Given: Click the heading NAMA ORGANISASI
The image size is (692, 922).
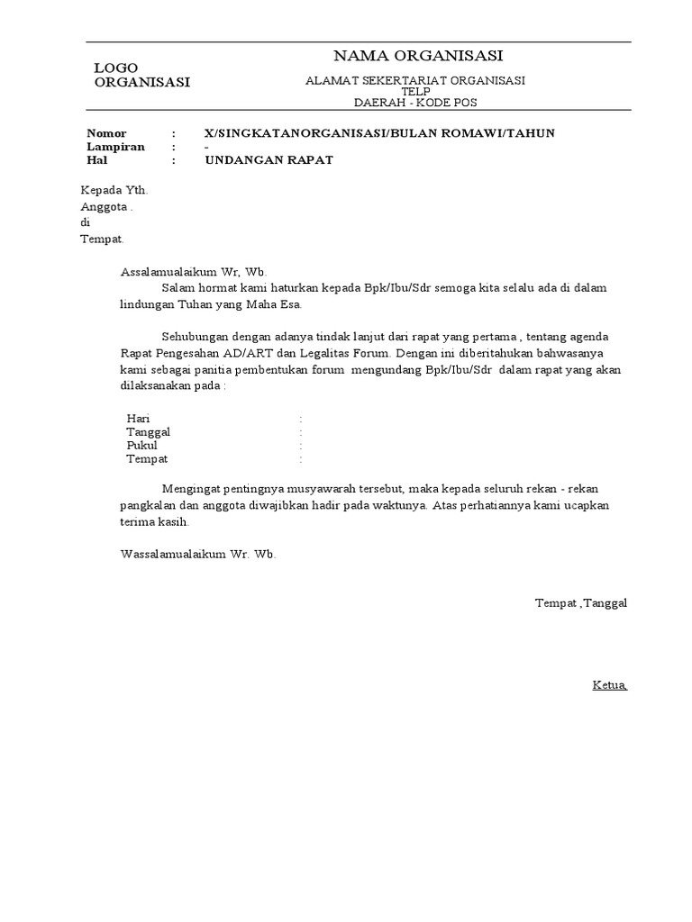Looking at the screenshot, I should point(418,56).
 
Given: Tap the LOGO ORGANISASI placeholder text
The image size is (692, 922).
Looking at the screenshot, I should point(141,76).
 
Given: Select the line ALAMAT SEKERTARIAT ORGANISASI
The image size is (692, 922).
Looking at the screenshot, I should point(415,80).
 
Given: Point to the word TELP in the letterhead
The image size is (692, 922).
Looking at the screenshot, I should point(416,91).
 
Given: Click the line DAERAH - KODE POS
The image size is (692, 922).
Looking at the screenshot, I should point(416,102).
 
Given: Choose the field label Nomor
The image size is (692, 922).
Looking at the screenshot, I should point(106,133).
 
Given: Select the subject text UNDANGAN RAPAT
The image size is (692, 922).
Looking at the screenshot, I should point(269,160).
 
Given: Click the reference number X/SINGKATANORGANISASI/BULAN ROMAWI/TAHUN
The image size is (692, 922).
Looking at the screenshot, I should point(379,133).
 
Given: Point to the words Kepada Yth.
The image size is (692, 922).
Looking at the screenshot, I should point(114,191).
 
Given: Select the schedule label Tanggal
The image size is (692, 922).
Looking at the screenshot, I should point(149,432).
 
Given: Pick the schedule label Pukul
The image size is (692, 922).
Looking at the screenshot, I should point(142,446).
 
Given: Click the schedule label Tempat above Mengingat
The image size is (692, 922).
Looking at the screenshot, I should point(147,459).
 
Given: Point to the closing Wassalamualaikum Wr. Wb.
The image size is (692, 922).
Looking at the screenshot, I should point(197,554).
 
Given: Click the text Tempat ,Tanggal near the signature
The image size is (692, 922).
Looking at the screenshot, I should point(580,602).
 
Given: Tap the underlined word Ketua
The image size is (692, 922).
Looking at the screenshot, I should point(609,685).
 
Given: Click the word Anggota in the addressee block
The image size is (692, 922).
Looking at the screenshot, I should point(105,206).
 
